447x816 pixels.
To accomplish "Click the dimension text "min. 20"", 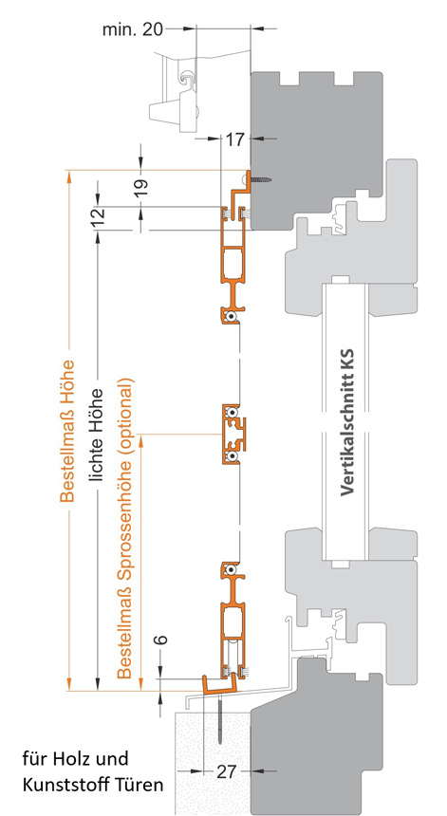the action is click(x=132, y=29).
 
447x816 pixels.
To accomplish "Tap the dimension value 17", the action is click(x=235, y=139).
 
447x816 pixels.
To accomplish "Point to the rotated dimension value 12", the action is click(x=100, y=213).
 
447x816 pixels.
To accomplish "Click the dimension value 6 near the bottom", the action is click(x=162, y=639).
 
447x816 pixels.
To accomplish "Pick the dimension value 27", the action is click(x=227, y=772).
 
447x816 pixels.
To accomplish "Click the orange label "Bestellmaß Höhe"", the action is click(x=67, y=431).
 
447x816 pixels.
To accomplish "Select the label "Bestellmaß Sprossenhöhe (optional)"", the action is click(x=126, y=528).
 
